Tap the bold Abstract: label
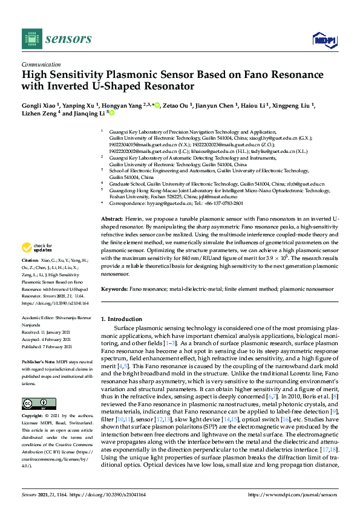point(112,218)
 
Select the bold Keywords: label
point(114,289)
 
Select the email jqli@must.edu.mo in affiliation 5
point(217,196)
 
